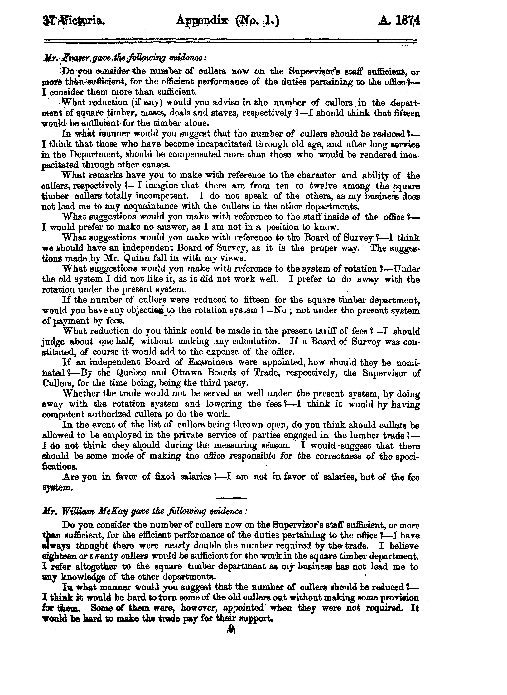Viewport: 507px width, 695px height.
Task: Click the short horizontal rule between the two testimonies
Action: [231, 498]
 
